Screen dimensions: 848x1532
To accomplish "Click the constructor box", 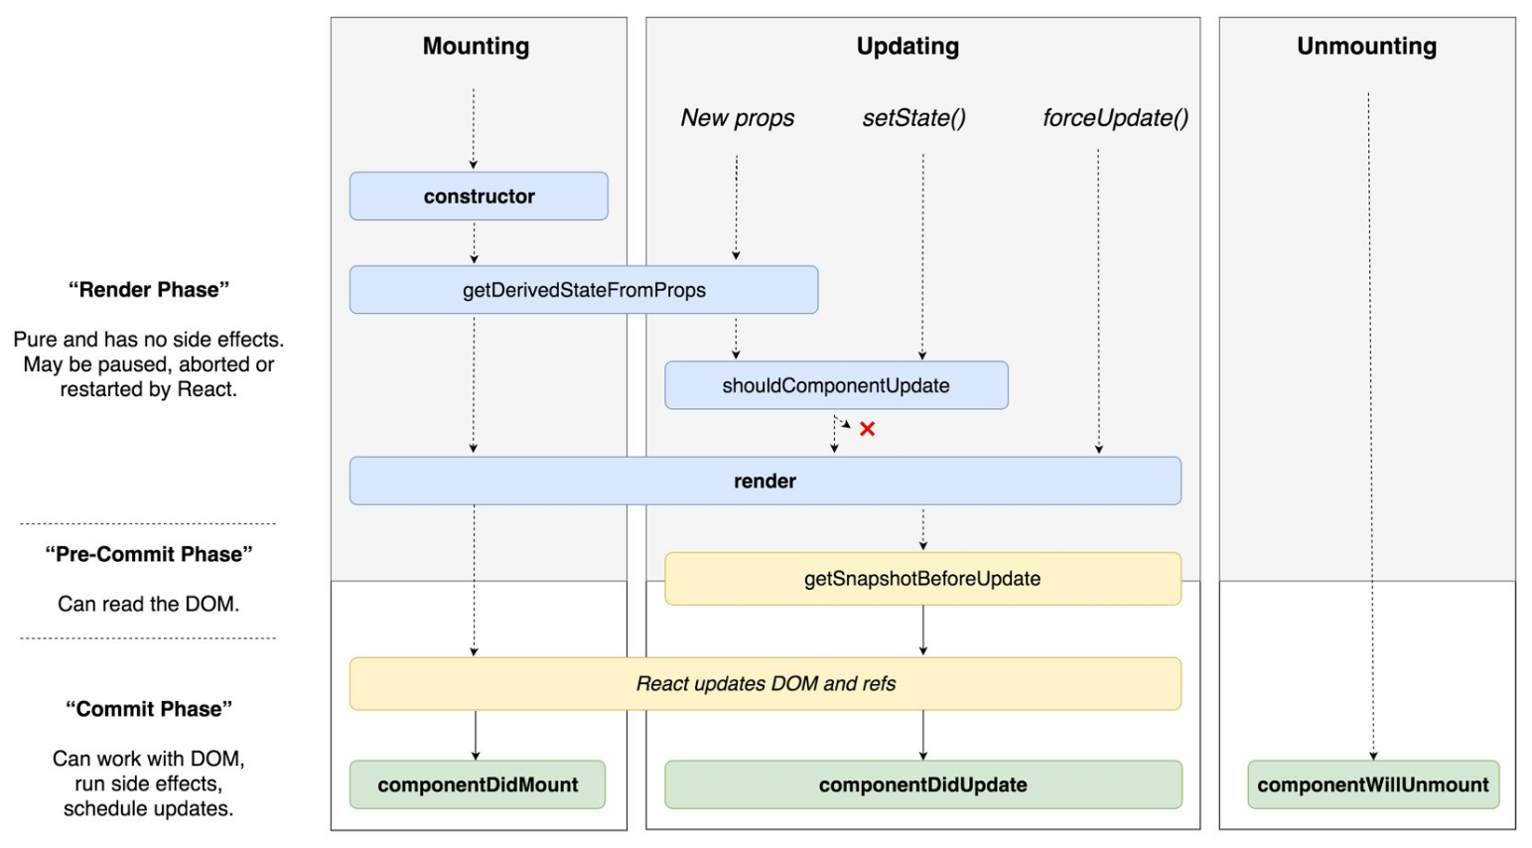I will (479, 197).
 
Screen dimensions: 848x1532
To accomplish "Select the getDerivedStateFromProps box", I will (584, 290).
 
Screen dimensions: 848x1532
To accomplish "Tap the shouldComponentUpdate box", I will (836, 385).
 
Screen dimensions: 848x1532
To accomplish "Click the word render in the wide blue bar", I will (765, 482).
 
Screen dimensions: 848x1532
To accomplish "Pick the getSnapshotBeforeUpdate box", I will (922, 579).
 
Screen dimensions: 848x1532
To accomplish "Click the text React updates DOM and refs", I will (766, 684).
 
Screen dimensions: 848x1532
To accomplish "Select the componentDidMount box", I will (478, 785).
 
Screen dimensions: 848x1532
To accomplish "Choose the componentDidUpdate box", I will (922, 785).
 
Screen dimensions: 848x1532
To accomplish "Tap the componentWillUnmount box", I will (1373, 785).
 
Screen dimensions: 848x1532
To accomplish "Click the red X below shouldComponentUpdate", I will (867, 429).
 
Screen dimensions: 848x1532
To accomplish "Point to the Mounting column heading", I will (477, 47).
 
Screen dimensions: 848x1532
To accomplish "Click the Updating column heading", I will (907, 47).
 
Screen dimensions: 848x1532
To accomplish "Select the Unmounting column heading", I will (1366, 47).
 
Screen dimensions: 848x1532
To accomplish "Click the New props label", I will (738, 118).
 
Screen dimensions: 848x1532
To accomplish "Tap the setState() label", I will (914, 118).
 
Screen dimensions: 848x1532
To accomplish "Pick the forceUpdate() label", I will (1115, 118).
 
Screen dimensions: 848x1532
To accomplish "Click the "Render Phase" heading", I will (149, 290).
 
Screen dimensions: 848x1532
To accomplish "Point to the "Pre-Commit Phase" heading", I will (149, 554).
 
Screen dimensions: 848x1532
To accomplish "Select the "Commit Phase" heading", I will (149, 709).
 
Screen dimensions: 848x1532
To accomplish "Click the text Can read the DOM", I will (149, 604).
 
